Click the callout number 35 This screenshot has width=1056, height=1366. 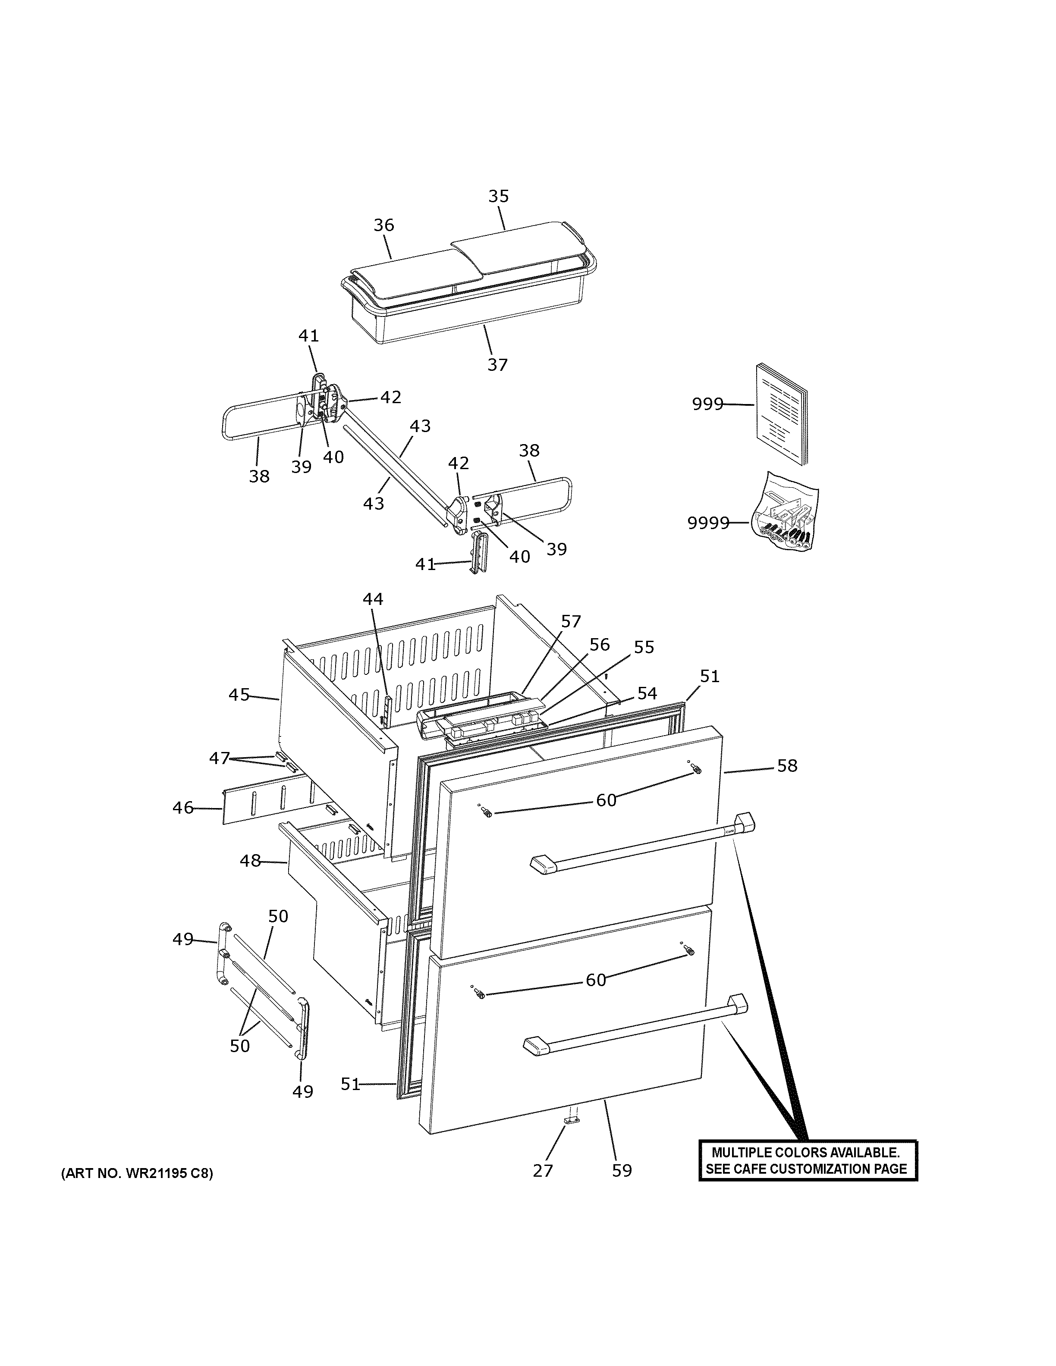(499, 196)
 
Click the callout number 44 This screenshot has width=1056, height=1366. (373, 599)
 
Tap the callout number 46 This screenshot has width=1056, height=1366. (182, 808)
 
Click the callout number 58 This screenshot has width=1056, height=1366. (787, 765)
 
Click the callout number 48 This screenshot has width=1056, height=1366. (250, 861)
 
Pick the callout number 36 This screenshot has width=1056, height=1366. (384, 225)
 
